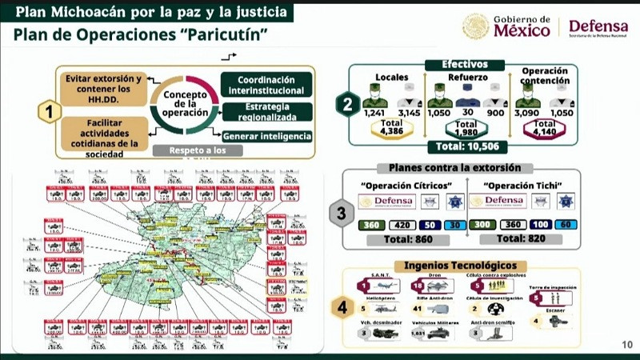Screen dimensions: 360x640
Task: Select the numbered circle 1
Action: coord(50,112)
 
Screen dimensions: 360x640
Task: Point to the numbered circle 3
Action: coord(342,214)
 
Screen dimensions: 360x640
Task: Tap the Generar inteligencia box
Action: coord(267,137)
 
